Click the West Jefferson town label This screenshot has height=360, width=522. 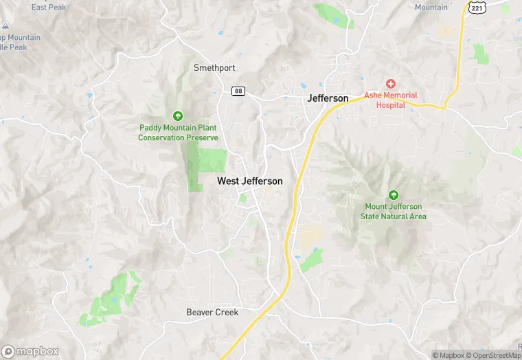click(249, 181)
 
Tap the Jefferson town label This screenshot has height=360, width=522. click(328, 98)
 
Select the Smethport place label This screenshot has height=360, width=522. click(214, 68)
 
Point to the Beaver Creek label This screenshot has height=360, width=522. click(212, 313)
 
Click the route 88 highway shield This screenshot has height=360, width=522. click(238, 91)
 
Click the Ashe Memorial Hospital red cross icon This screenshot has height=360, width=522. click(390, 84)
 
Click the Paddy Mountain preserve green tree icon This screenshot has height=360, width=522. click(178, 115)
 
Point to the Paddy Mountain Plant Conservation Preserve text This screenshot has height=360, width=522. click(178, 133)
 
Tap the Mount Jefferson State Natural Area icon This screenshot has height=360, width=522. click(394, 195)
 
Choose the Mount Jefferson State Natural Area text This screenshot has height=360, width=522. click(394, 212)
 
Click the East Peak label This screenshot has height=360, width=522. click(48, 8)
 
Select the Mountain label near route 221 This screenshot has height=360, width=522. click(431, 8)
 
